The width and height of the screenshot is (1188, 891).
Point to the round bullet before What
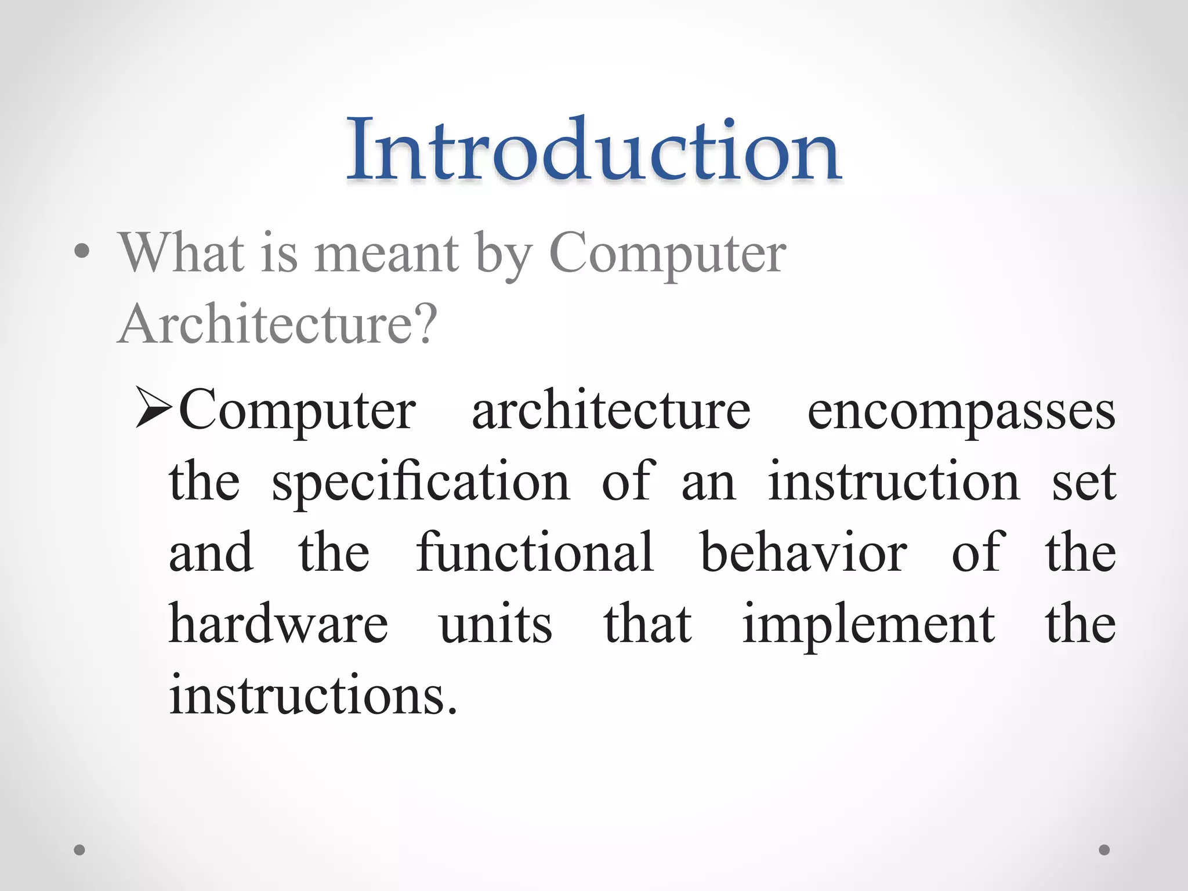82,251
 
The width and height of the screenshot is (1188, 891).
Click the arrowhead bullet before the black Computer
154,407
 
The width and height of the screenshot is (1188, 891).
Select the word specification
421,481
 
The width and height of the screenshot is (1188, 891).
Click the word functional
535,552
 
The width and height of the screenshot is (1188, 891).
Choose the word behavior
803,552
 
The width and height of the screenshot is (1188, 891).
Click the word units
496,625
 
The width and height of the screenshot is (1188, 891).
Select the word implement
868,625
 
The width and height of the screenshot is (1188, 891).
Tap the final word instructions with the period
313,694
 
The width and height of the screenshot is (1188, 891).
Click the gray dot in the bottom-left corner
79,850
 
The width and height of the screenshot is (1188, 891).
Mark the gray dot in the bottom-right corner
1104,850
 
